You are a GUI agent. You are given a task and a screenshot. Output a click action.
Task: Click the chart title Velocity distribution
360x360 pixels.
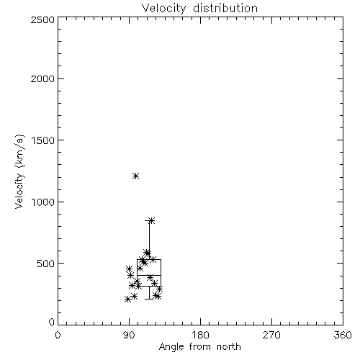[199, 9]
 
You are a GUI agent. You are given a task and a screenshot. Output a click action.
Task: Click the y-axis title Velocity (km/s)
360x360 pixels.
[19, 171]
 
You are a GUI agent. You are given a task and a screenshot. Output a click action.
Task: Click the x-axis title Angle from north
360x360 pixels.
[199, 347]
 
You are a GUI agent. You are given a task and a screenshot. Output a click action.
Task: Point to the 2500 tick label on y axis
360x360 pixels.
[42, 19]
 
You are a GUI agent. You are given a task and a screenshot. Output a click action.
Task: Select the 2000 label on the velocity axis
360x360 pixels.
[42, 78]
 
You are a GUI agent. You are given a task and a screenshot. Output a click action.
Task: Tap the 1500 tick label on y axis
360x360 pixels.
[43, 140]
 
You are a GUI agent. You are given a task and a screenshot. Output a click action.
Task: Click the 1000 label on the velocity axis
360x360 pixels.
[43, 202]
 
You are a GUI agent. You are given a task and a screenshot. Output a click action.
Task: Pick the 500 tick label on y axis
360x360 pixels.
[45, 264]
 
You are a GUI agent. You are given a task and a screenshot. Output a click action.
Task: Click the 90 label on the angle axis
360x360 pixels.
[129, 335]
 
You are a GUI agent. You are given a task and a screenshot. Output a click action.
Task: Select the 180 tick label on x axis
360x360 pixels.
[200, 335]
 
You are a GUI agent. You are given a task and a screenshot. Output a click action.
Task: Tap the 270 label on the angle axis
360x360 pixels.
[271, 335]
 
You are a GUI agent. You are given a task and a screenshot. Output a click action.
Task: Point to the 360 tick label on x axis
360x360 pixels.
[343, 335]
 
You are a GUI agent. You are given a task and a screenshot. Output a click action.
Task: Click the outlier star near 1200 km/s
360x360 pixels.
[136, 176]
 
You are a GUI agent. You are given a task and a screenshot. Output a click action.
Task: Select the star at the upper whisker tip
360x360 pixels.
[151, 220]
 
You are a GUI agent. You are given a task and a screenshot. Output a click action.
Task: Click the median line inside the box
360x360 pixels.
[149, 275]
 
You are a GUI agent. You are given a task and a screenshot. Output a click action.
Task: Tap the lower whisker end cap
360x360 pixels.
[149, 299]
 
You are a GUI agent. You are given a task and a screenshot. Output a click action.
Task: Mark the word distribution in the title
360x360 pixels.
[225, 9]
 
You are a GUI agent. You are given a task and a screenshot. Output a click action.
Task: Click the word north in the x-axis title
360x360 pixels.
[229, 347]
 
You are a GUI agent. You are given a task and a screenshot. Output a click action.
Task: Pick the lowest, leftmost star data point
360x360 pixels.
[127, 300]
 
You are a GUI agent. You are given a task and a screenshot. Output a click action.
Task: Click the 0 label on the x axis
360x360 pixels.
[58, 335]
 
